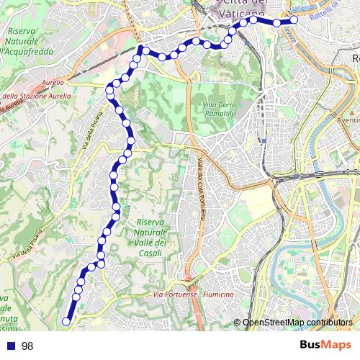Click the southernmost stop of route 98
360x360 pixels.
(66, 322)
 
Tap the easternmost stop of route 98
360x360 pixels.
(294, 20)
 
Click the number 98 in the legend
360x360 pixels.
(27, 346)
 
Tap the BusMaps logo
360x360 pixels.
(326, 345)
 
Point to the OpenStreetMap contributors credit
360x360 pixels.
(297, 323)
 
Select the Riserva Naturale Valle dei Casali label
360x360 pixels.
(151, 235)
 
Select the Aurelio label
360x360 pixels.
(53, 83)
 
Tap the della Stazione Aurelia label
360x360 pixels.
(36, 95)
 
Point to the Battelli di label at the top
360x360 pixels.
(328, 6)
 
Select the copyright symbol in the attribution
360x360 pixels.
(238, 323)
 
